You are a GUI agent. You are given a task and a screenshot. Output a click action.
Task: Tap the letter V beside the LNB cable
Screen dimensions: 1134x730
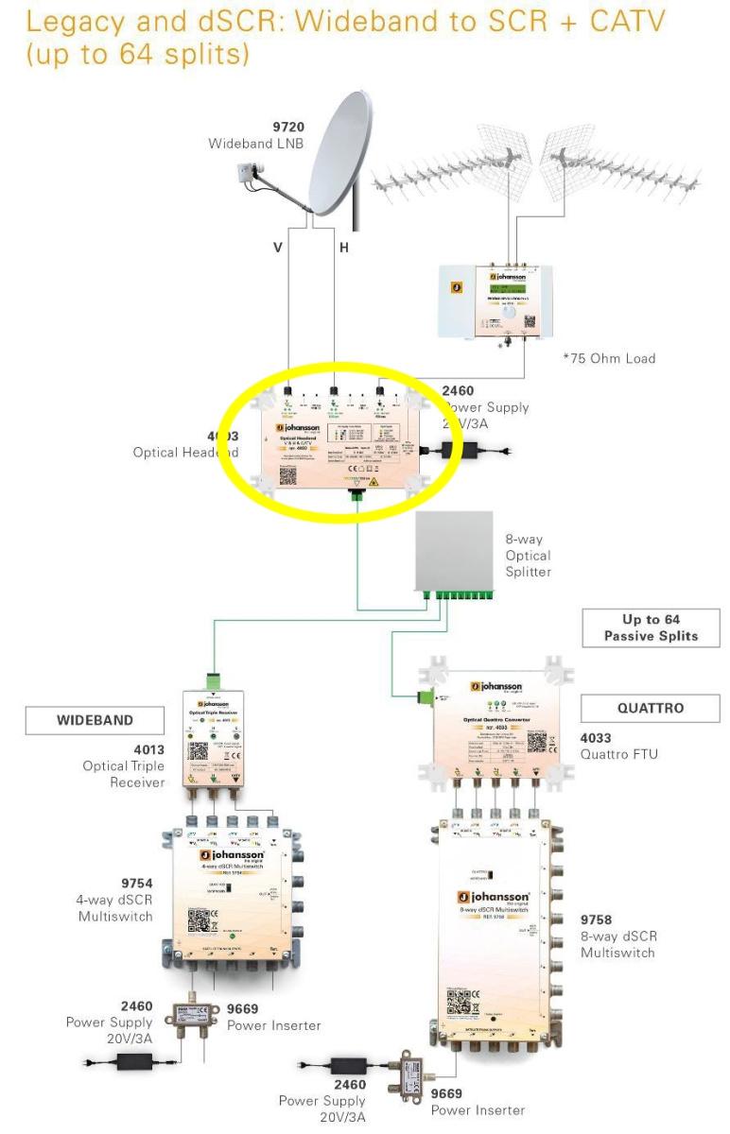(x=278, y=247)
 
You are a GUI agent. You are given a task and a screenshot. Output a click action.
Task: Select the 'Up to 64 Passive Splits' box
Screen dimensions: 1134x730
(x=652, y=628)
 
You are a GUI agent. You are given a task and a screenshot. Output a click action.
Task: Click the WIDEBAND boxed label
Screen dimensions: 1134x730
(x=95, y=719)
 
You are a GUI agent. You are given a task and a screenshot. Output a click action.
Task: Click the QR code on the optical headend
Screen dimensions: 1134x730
(x=287, y=474)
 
